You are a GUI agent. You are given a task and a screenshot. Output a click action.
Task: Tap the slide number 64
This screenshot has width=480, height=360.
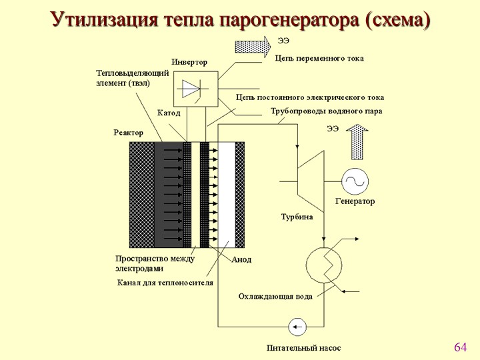click(461, 347)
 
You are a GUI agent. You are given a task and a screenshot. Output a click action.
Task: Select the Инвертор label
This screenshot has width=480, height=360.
click(189, 62)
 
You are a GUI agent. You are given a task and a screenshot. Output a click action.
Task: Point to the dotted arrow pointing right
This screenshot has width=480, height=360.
click(253, 47)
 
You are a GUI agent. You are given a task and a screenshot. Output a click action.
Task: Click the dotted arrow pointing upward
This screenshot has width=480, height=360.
click(357, 142)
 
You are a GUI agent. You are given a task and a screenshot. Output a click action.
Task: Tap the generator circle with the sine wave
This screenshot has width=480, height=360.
click(355, 181)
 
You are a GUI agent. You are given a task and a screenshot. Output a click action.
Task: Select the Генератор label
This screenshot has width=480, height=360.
click(355, 201)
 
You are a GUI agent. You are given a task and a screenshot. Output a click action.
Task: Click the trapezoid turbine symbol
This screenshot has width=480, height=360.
click(311, 181)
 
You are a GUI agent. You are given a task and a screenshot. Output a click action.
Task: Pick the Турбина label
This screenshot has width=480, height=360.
click(297, 217)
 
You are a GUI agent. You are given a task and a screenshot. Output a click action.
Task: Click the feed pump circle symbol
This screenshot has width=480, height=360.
click(297, 327)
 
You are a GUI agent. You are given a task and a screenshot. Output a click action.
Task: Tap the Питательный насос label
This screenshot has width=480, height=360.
click(303, 348)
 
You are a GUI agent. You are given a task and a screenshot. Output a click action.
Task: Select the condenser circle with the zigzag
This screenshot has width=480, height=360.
click(324, 265)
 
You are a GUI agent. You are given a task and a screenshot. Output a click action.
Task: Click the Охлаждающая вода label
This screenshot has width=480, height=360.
click(275, 297)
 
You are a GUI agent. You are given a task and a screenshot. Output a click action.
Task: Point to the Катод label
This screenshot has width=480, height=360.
click(169, 113)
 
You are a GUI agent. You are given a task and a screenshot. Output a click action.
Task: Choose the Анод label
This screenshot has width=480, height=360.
click(241, 259)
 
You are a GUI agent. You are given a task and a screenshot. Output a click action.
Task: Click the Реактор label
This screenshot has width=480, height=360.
click(128, 133)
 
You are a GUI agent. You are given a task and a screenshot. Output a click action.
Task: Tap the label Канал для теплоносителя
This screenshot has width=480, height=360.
click(165, 283)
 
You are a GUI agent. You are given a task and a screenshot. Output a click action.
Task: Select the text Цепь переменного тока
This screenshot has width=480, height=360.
click(319, 59)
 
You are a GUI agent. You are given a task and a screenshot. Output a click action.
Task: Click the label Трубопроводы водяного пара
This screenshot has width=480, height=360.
click(326, 111)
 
